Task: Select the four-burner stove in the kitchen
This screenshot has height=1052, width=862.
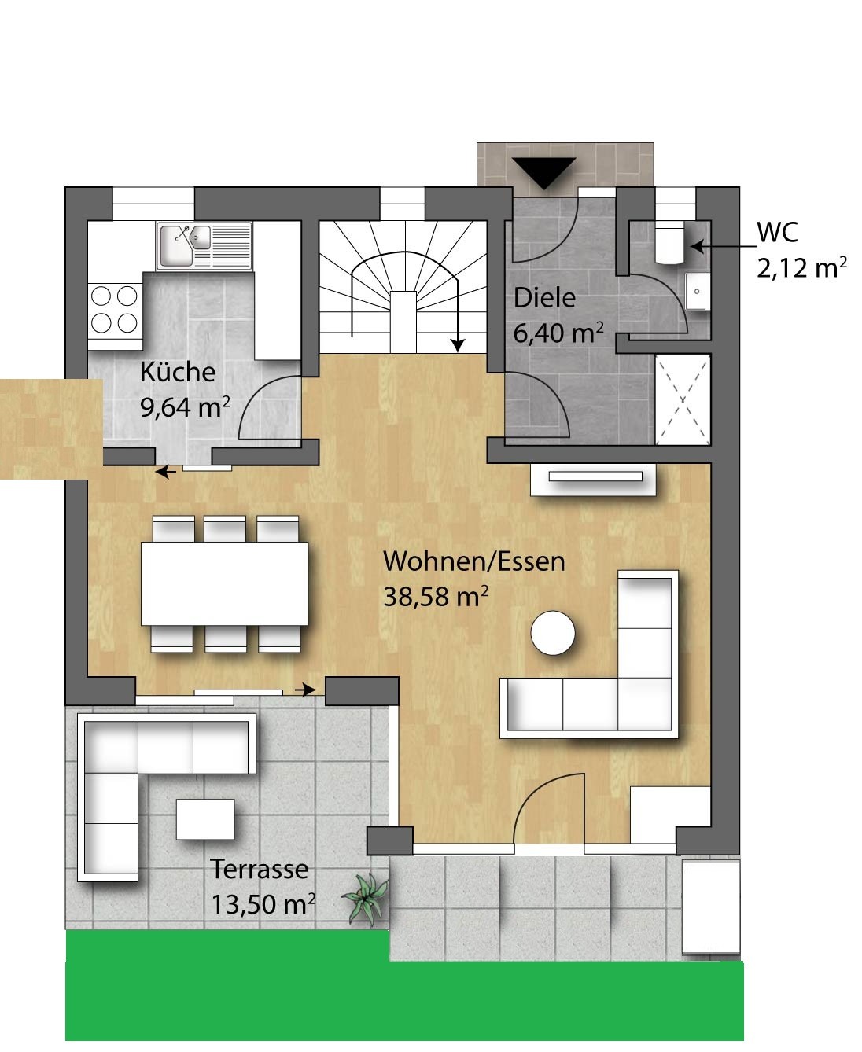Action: pos(114,310)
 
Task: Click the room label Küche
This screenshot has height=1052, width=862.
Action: pos(178,372)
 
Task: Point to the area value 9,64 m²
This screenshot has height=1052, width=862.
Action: pos(185,408)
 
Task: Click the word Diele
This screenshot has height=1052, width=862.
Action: pos(544,298)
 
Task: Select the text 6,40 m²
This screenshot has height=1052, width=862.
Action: pos(558,333)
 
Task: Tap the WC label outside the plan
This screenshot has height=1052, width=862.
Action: pos(777,232)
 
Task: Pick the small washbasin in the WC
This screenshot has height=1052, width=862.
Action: pos(696,292)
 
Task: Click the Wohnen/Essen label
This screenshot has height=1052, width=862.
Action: pos(474,561)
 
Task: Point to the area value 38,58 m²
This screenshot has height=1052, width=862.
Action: pos(436,597)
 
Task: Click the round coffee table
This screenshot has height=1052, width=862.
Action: pos(553,633)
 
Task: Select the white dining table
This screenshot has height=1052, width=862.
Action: pos(225,583)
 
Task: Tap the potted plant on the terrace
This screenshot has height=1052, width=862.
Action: pos(366,898)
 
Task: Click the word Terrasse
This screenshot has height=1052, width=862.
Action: pos(259,870)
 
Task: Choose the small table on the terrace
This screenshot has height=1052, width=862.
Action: pos(205,819)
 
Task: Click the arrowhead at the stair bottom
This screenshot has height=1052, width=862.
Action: pos(458,344)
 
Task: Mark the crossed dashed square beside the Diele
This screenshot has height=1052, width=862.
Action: pos(683,399)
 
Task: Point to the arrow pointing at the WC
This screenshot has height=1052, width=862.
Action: pos(724,246)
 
